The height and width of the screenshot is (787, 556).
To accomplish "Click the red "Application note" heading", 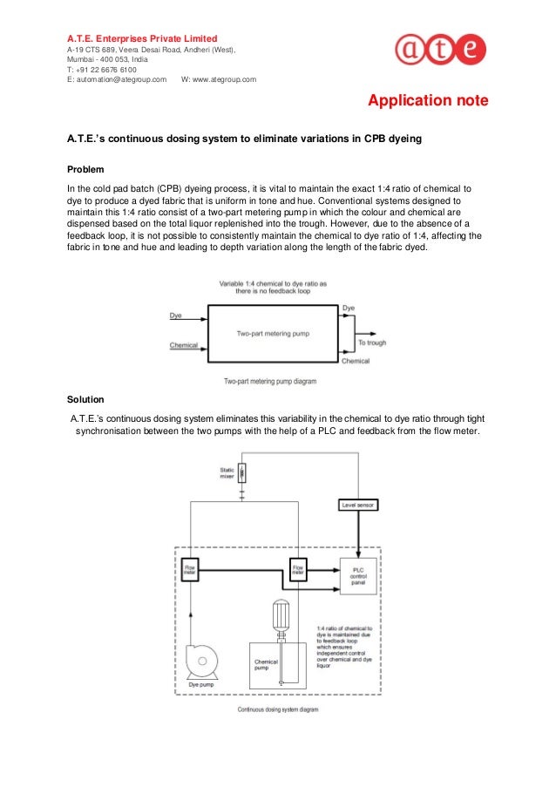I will [428, 101].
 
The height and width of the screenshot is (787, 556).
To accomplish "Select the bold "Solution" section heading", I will [85, 399].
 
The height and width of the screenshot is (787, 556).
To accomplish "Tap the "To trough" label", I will [372, 343].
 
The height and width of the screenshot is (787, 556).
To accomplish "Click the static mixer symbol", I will [241, 473].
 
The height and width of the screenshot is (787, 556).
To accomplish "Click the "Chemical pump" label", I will [266, 665].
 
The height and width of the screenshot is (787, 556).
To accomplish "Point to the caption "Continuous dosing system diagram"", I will [279, 709].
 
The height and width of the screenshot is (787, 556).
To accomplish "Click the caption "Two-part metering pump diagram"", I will [270, 381].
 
